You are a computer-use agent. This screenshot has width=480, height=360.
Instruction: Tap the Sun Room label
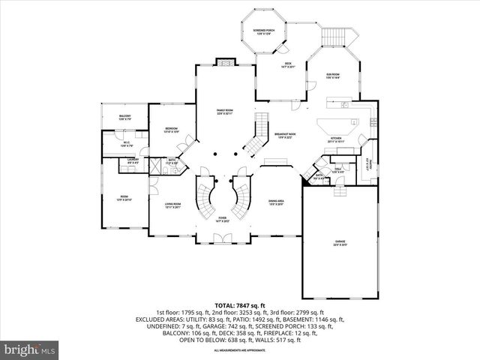(x=334, y=75)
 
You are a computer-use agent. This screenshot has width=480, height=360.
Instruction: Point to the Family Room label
(x=225, y=112)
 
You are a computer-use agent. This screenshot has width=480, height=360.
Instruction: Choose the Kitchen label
(x=337, y=139)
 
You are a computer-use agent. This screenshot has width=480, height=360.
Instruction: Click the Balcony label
(x=124, y=118)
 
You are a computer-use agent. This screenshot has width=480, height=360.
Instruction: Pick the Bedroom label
(x=171, y=130)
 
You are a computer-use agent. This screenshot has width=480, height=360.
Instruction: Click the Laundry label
(x=133, y=160)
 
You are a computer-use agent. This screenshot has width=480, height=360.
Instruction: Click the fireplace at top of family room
(x=224, y=61)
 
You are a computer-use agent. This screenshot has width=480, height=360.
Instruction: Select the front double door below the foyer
(x=222, y=238)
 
